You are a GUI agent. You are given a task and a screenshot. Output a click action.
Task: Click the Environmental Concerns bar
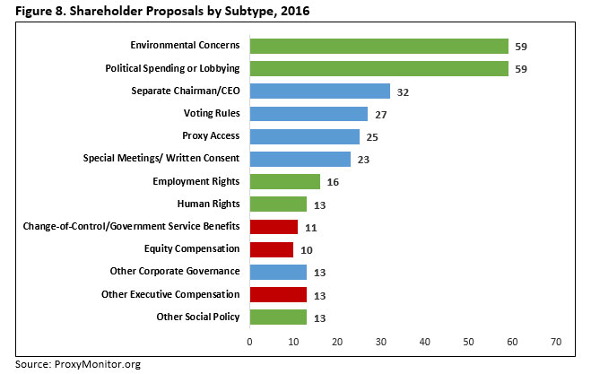(x=378, y=46)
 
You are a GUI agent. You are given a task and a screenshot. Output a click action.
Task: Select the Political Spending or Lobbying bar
(x=378, y=68)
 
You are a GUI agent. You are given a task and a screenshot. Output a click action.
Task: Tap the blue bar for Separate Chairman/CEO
(x=319, y=91)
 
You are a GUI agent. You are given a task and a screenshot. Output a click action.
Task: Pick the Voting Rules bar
(x=309, y=114)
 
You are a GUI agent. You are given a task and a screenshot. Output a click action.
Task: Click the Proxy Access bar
(x=304, y=136)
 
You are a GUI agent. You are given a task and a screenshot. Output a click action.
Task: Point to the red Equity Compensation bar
(x=271, y=249)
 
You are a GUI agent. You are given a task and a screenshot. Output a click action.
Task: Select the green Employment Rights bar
(x=284, y=181)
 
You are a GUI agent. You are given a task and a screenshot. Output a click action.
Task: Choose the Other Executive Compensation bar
(x=278, y=294)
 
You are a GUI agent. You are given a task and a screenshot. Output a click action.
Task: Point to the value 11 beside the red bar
(x=310, y=227)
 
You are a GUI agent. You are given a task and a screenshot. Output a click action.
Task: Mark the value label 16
(x=332, y=181)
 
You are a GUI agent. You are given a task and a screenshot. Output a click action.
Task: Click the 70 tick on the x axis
(x=556, y=342)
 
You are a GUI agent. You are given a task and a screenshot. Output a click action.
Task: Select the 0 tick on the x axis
(x=249, y=342)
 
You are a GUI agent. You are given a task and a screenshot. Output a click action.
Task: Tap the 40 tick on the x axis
(x=424, y=342)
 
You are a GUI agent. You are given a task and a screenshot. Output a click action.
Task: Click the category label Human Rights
(x=208, y=204)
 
